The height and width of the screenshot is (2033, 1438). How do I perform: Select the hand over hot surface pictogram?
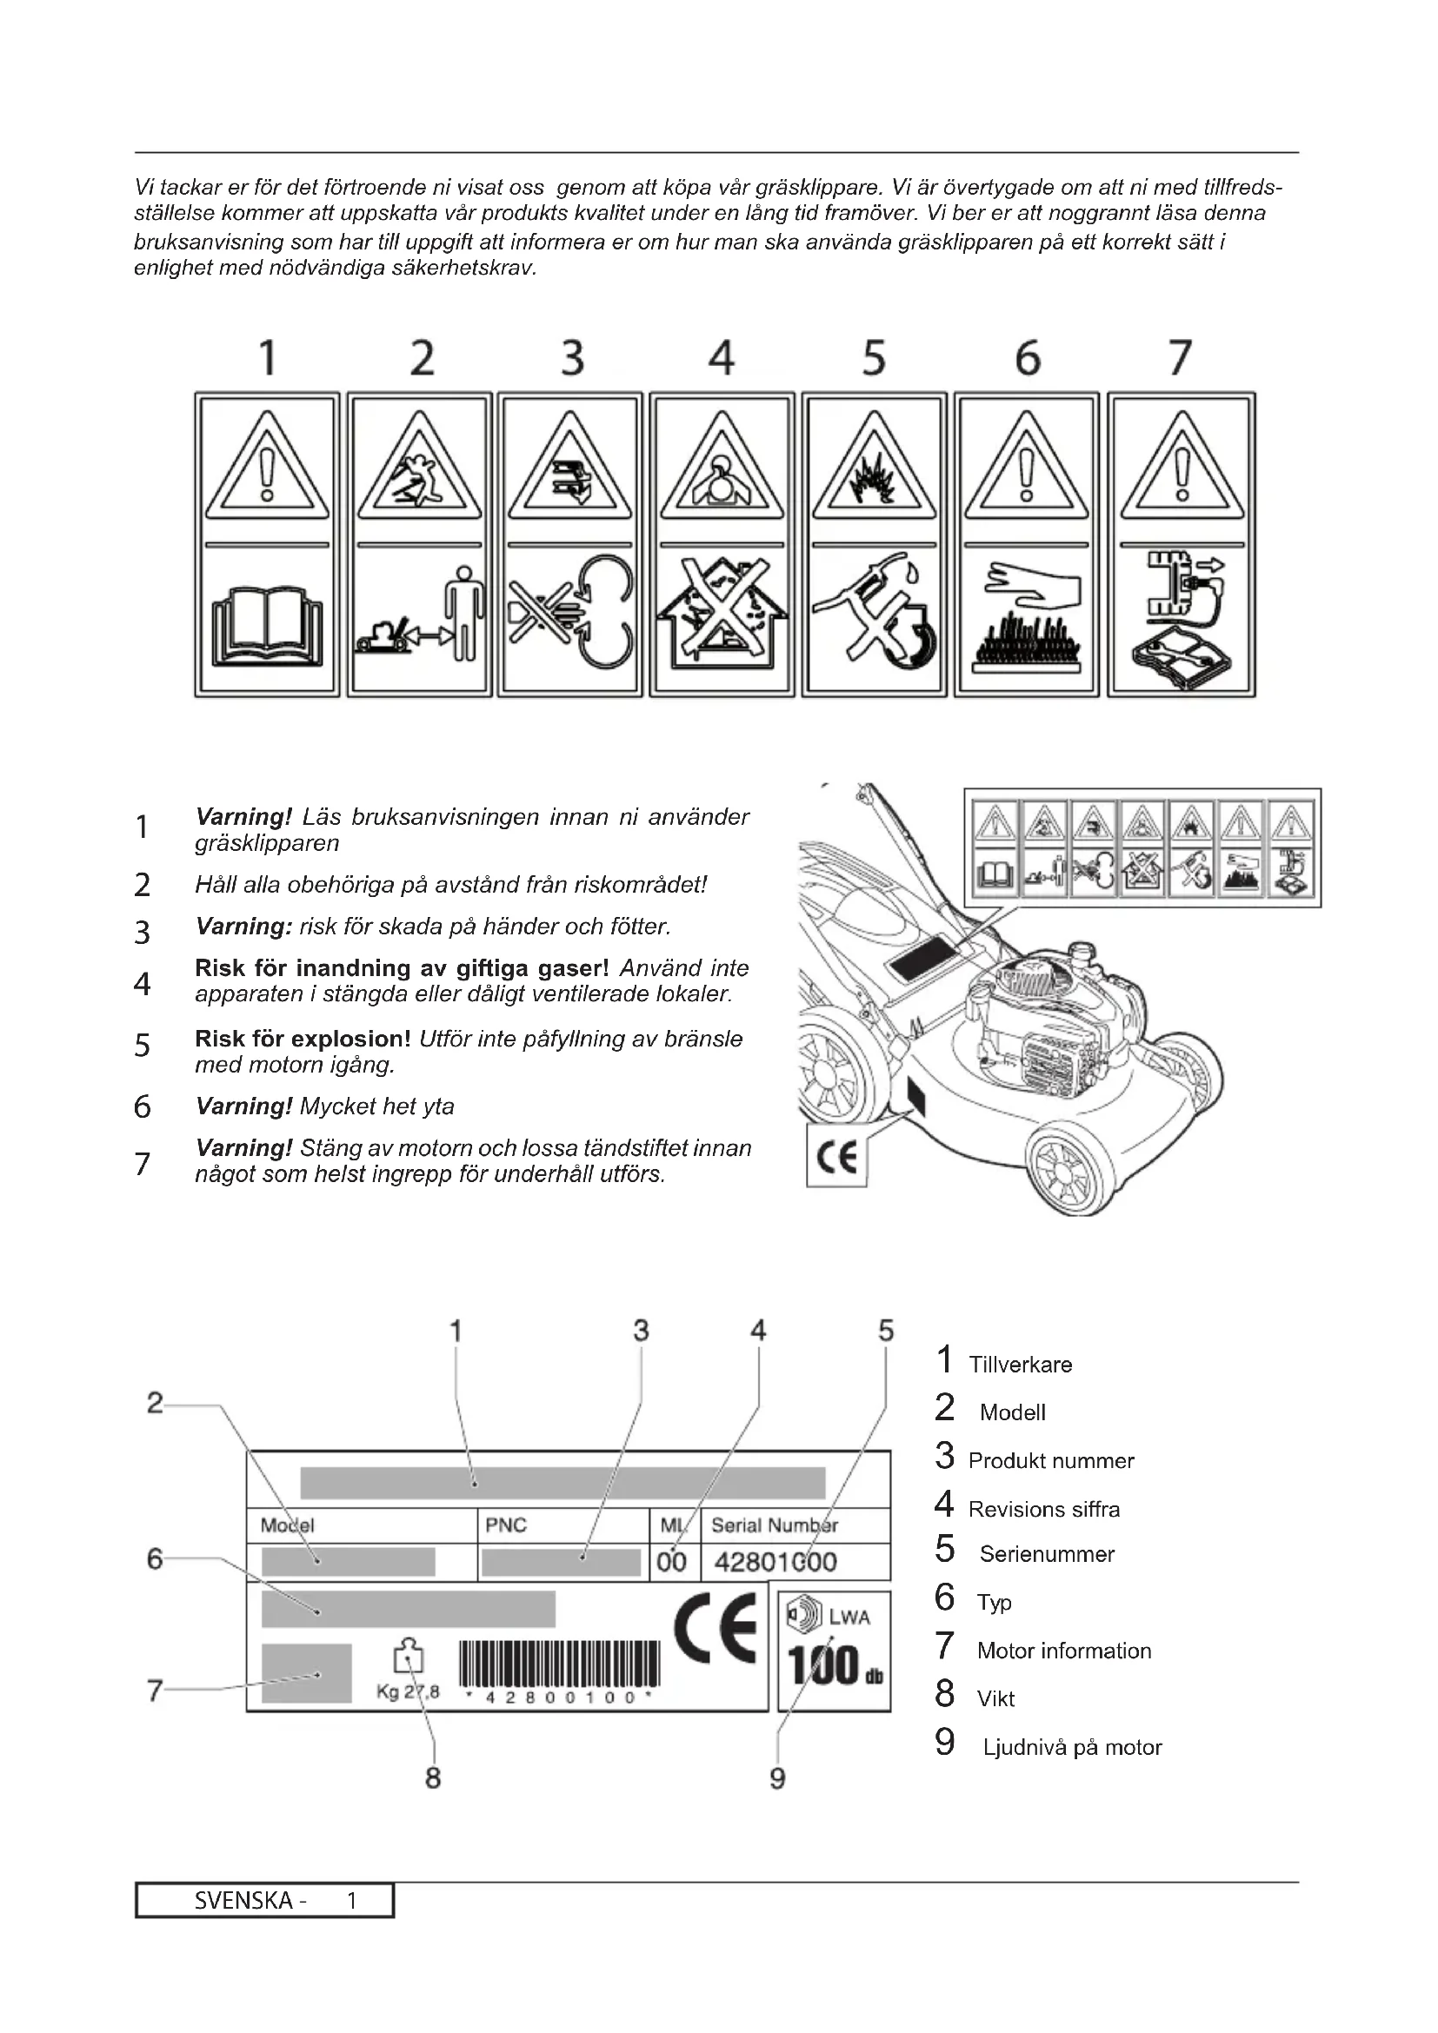tap(1026, 620)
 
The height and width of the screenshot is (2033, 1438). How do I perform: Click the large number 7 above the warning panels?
tap(1181, 359)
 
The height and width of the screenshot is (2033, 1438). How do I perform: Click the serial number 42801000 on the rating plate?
tap(775, 1561)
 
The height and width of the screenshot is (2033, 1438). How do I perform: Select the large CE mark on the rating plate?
tap(716, 1627)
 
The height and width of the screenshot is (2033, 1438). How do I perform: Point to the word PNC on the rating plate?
tap(506, 1525)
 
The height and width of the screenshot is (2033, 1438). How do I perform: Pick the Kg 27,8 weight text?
tap(407, 1692)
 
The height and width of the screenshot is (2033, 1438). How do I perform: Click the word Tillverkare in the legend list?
tap(1020, 1365)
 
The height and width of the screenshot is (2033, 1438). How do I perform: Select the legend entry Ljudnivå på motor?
tap(1071, 1747)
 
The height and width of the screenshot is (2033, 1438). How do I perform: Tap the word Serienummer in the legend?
tap(1047, 1554)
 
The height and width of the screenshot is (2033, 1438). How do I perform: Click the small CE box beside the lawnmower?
tap(836, 1156)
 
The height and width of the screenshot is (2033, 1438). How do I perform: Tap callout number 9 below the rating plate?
tap(777, 1778)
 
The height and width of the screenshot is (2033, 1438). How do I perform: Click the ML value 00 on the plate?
tap(672, 1561)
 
